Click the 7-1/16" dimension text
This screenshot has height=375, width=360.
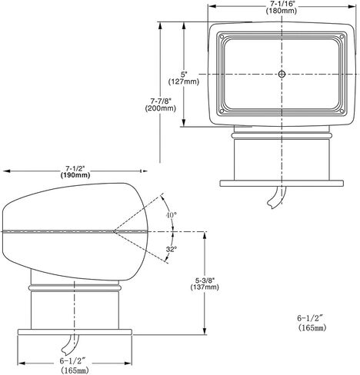coord(282,4)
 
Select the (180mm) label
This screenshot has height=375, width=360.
coord(282,11)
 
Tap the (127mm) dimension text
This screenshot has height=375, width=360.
coord(184,81)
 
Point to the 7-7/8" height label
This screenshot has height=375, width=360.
coord(161,100)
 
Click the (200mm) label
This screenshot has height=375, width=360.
coord(161,108)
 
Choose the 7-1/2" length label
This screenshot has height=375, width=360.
coord(75,168)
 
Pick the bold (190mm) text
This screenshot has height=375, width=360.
coord(75,175)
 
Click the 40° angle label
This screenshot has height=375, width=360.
coord(171,215)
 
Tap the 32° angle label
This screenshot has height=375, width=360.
coord(171,249)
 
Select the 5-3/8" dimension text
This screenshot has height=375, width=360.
coord(205,280)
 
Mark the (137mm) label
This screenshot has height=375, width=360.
coord(205,287)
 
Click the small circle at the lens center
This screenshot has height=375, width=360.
coord(282,75)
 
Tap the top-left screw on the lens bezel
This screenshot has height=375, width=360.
coord(222,37)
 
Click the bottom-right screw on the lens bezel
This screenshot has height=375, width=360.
coord(342,111)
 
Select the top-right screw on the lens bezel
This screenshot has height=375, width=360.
coord(342,37)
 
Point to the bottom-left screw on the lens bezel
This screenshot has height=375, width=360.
coord(222,111)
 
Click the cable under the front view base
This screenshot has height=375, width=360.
coord(276,197)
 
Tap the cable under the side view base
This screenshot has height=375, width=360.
coord(70,344)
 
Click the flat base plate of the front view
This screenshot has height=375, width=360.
coord(282,184)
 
